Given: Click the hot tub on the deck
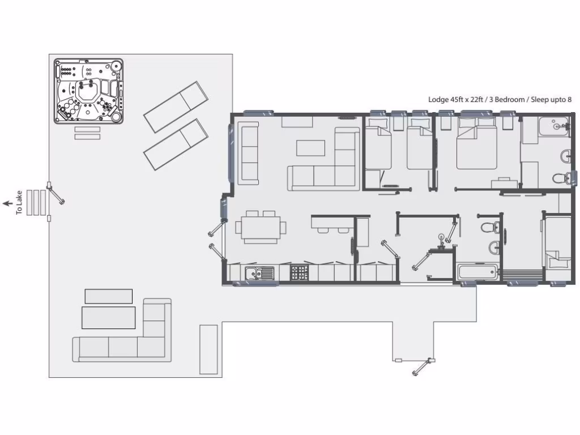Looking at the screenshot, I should tap(88, 91).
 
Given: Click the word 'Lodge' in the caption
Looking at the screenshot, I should tap(437, 99).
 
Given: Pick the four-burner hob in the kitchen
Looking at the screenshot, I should tap(298, 274).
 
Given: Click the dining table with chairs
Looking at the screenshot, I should tap(261, 227).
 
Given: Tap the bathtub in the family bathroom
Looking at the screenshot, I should tap(477, 272).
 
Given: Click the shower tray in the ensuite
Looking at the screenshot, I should tap(553, 126).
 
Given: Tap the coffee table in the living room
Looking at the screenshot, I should tap(311, 147).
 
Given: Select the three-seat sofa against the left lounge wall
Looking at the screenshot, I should tap(249, 152).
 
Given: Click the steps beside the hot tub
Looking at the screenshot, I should tap(87, 133).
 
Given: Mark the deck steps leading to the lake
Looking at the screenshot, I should tap(36, 202).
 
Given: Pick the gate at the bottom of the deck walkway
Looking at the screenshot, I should tap(422, 365).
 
